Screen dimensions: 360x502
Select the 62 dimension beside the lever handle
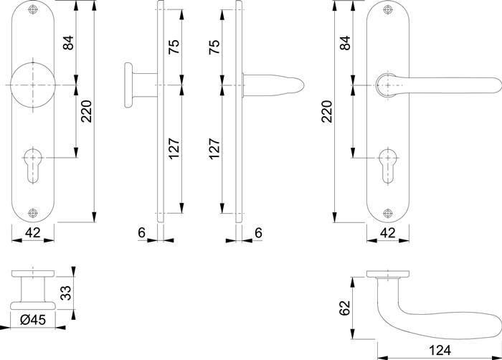[x=344, y=308]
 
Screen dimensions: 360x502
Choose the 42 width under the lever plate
[x=387, y=232]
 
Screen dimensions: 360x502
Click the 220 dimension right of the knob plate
[x=86, y=111]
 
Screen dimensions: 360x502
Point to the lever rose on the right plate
[x=388, y=85]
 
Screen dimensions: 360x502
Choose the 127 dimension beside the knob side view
[x=174, y=147]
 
